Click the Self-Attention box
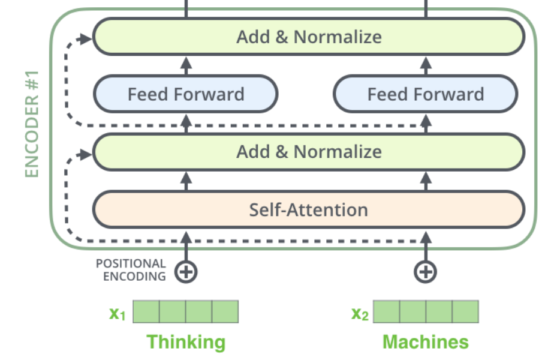309,210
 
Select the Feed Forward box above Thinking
186,94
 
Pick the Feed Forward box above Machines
425,94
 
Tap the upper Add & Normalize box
309,37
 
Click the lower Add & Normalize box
309,151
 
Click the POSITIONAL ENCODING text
131,270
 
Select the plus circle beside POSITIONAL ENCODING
186,272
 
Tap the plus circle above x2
425,272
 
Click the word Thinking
186,342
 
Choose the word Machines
425,342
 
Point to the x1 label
118,313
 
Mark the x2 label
359,313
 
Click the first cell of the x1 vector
146,312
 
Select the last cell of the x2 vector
465,312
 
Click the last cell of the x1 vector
225,312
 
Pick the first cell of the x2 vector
386,312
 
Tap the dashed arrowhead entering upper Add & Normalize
86,37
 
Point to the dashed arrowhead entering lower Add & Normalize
86,152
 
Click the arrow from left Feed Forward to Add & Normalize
186,65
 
